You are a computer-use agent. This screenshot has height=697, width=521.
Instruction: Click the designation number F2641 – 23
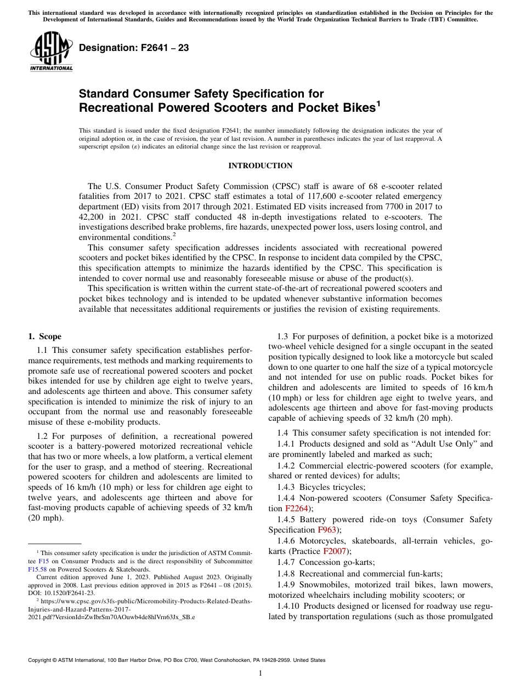(x=134, y=48)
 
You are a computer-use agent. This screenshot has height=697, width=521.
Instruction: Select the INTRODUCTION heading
(x=260, y=166)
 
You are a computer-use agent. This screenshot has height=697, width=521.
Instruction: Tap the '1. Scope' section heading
(x=44, y=336)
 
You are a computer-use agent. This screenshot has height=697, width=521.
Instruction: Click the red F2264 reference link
(x=297, y=509)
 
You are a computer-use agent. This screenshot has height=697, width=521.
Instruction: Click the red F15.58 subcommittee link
(x=37, y=569)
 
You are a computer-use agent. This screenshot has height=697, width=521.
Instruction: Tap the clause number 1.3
(x=282, y=336)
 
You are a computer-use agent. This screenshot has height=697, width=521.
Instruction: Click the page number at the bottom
(x=260, y=673)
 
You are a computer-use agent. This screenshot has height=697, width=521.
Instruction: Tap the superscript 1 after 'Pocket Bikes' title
(x=377, y=103)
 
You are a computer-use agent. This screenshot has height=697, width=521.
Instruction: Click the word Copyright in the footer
(x=41, y=660)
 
